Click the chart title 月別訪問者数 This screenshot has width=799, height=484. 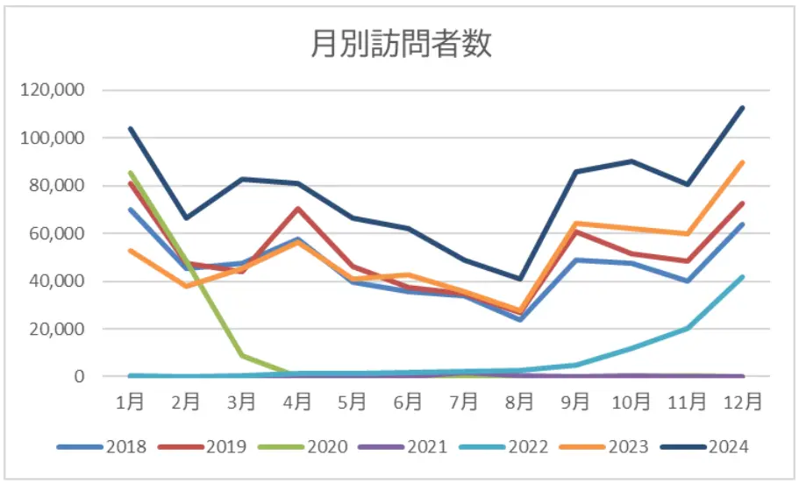click(400, 43)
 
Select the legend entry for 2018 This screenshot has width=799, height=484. click(111, 447)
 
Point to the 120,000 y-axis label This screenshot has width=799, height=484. click(54, 90)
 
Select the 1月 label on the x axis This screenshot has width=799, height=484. click(131, 402)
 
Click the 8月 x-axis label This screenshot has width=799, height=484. click(520, 402)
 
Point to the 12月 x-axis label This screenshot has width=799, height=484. click(743, 402)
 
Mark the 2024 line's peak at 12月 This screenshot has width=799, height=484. click(743, 108)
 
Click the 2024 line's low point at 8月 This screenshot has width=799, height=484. click(520, 279)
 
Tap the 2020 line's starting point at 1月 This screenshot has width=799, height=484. click(131, 173)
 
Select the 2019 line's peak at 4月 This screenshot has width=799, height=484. click(297, 209)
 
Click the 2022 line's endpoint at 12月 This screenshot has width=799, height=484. click(743, 277)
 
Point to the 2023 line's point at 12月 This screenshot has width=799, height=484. click(743, 162)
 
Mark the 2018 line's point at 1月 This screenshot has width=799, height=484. click(131, 210)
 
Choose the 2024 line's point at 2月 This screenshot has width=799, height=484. click(186, 218)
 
